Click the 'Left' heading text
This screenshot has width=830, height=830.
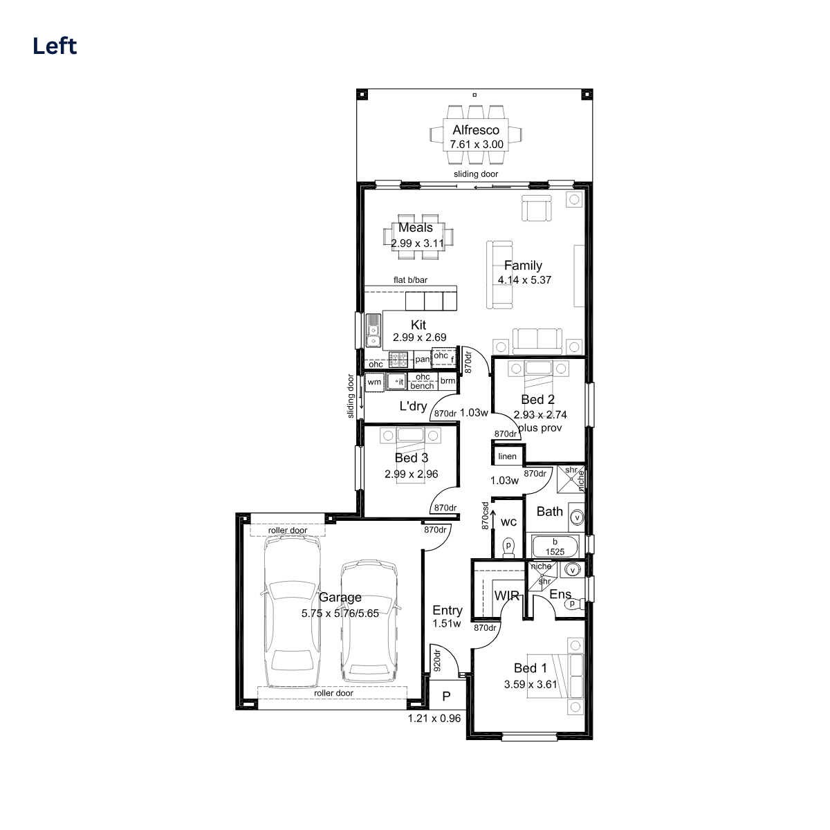tap(55, 46)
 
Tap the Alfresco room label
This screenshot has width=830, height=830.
tap(476, 129)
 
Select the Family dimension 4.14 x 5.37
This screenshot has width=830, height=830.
tap(524, 280)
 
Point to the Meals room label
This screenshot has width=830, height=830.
tap(416, 227)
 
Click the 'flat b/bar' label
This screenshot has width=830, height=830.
tap(410, 280)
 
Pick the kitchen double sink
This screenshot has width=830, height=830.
tap(373, 331)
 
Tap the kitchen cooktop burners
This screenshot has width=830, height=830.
tap(398, 360)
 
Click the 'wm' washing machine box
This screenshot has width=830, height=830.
tap(374, 382)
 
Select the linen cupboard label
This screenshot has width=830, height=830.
tap(507, 456)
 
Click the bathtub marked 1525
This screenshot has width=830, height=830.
tap(555, 547)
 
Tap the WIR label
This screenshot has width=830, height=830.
tap(507, 596)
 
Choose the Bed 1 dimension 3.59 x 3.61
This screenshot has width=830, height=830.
tap(531, 685)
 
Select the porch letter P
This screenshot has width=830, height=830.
tap(446, 697)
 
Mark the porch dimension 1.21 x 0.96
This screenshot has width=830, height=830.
tap(434, 719)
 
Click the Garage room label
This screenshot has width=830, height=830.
tap(340, 598)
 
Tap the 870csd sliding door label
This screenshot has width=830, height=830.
tap(486, 515)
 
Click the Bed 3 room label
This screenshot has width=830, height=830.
tap(412, 458)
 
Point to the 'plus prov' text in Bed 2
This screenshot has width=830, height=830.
tap(540, 428)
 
